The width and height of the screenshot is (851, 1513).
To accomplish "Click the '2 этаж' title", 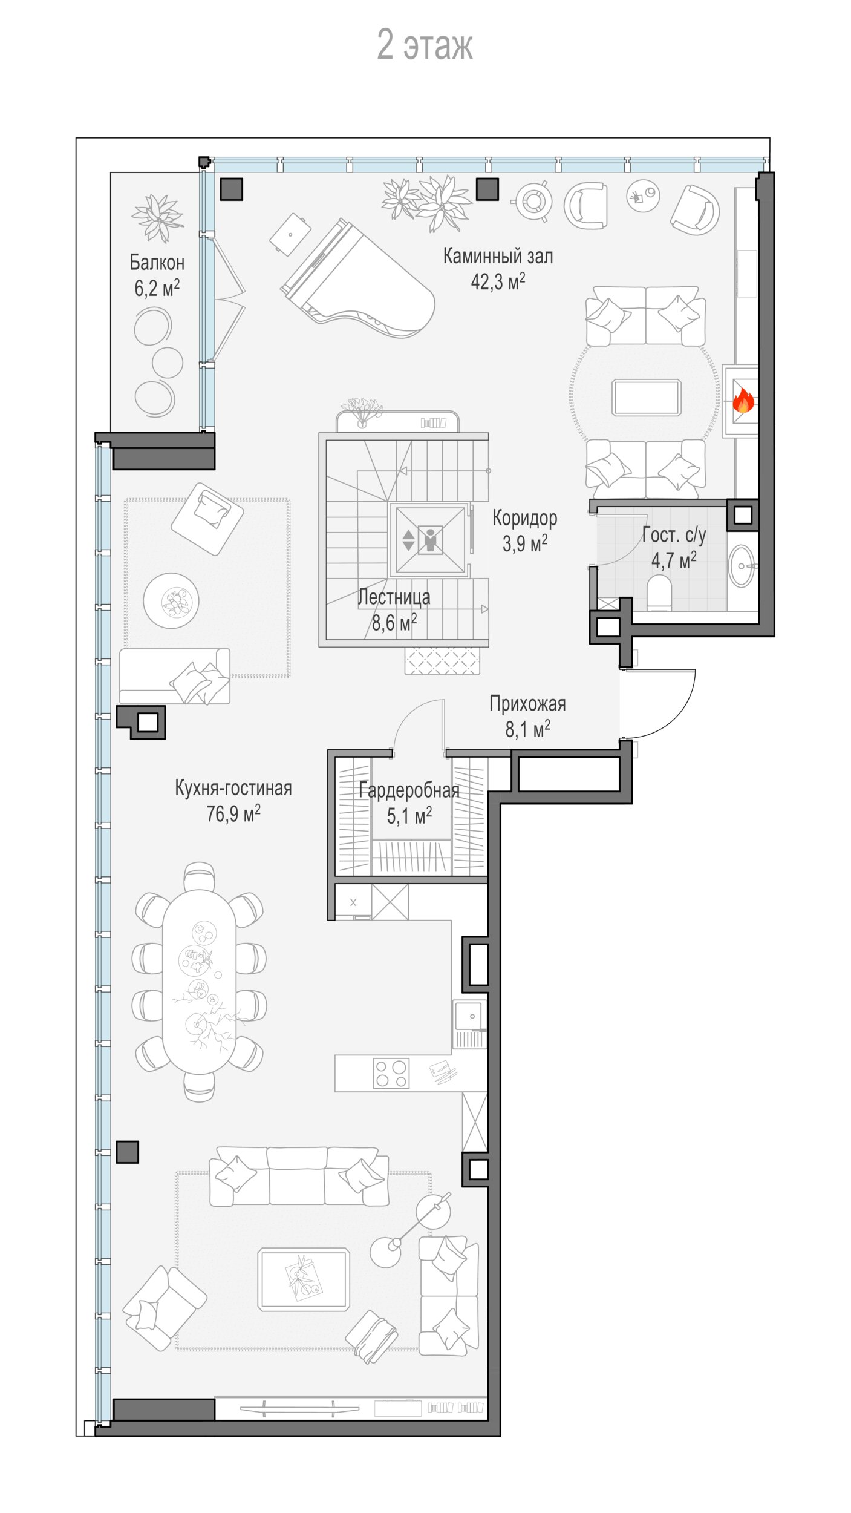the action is pyautogui.click(x=425, y=45).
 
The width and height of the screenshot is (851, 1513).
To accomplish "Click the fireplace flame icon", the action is pyautogui.click(x=743, y=400).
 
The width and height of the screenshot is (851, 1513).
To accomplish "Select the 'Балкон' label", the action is pyautogui.click(x=157, y=262).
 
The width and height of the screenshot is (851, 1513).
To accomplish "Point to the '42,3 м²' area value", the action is pyautogui.click(x=498, y=281).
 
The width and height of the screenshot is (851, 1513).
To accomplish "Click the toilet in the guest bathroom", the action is pyautogui.click(x=659, y=592).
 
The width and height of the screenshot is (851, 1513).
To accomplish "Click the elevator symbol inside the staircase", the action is pyautogui.click(x=429, y=540).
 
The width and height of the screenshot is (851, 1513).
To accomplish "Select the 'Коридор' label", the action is pyautogui.click(x=524, y=518).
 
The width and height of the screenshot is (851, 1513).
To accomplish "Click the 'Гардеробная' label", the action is pyautogui.click(x=409, y=790).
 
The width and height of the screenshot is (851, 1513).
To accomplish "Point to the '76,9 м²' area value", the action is pyautogui.click(x=233, y=813).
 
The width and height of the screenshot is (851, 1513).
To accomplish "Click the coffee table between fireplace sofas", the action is pyautogui.click(x=647, y=398).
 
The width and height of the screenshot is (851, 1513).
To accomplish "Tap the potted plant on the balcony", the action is pyautogui.click(x=157, y=217).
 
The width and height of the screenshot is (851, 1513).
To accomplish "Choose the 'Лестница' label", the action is pyautogui.click(x=394, y=597).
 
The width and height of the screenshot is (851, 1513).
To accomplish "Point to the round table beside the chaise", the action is pyautogui.click(x=171, y=601).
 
